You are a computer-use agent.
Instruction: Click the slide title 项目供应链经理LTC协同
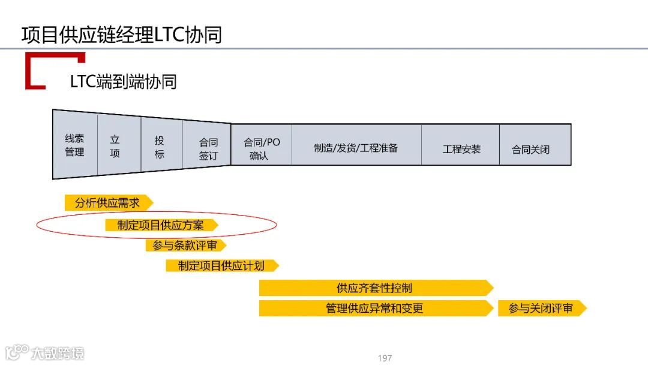point(121,34)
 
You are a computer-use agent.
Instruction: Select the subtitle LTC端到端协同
point(123,82)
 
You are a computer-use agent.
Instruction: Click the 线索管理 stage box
point(74,145)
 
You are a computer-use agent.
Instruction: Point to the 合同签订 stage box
point(208,148)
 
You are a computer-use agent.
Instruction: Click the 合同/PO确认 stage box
point(261,148)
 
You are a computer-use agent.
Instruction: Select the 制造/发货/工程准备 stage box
point(356,148)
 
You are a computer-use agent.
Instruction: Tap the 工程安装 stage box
point(461,148)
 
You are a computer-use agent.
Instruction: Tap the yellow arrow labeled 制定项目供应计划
point(221,265)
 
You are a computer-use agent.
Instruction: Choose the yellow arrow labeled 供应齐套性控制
point(375,288)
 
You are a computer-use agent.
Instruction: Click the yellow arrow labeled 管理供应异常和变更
point(375,308)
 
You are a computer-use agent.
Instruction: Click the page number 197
point(385,358)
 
